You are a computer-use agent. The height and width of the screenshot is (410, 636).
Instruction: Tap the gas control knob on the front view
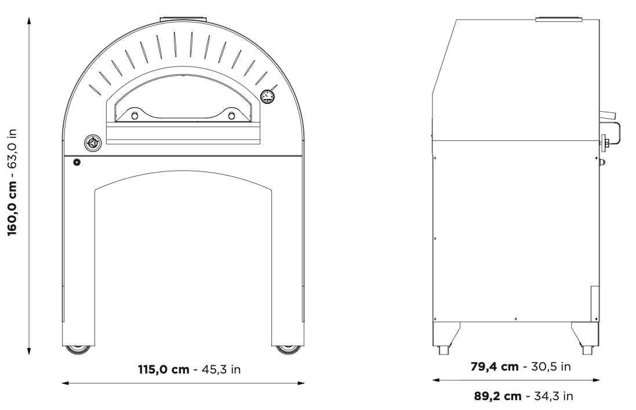pyautogui.click(x=92, y=143)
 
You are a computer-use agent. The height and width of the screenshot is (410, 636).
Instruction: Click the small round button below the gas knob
pyautogui.click(x=77, y=163)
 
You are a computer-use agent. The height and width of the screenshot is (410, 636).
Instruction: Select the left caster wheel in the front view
pyautogui.click(x=78, y=349)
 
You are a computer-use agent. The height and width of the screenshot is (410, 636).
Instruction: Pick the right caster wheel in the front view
pyautogui.click(x=288, y=349)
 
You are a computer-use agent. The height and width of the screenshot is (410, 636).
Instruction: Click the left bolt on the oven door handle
pyautogui.click(x=135, y=116)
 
